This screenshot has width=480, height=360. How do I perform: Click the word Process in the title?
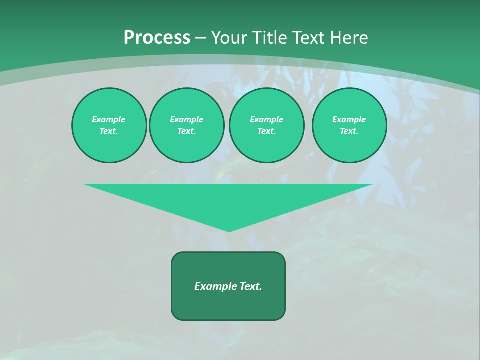click(157, 38)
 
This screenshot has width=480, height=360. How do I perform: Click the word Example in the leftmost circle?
click(109, 119)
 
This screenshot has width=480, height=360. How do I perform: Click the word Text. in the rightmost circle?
click(349, 131)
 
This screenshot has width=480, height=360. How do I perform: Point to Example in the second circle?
click(187, 119)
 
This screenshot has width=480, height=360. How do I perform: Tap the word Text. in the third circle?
click(267, 131)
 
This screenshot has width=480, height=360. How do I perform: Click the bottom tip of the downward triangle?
click(229, 231)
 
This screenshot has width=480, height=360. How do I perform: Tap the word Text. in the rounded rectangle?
click(251, 286)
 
